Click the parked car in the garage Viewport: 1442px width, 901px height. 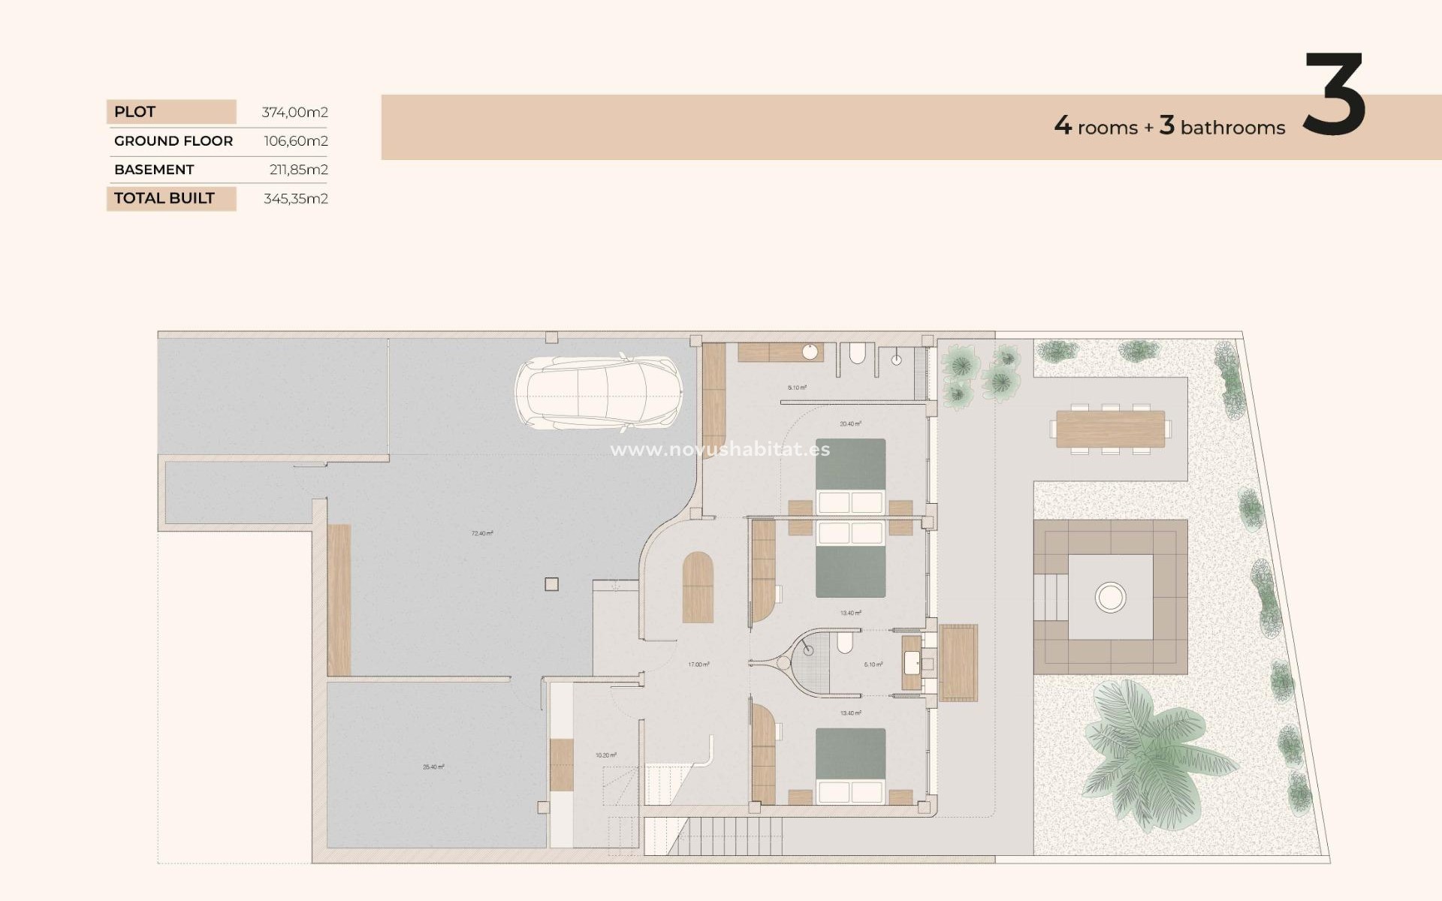point(599,393)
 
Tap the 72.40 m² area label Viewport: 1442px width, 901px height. point(482,534)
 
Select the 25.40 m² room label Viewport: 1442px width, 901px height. point(433,767)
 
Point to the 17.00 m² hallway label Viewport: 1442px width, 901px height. point(698,664)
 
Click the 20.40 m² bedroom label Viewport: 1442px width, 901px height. point(850,424)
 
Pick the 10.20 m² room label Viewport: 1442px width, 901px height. point(605,755)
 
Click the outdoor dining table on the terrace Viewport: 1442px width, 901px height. point(1110,429)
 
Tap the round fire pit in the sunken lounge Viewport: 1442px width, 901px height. point(1110,598)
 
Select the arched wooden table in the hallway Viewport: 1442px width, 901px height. point(698,588)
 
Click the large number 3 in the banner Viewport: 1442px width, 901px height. point(1334,95)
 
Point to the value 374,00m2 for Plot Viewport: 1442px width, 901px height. point(294,113)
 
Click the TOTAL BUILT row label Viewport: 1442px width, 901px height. point(164,198)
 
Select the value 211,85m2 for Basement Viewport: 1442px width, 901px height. point(298,170)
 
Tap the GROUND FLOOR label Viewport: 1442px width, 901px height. point(173,141)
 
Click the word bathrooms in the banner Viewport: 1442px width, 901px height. point(1232,128)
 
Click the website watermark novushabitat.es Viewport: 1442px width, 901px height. point(719,450)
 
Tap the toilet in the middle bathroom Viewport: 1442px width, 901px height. point(845,643)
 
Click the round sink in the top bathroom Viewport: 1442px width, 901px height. point(810,352)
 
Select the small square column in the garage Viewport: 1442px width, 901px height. point(551,584)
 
